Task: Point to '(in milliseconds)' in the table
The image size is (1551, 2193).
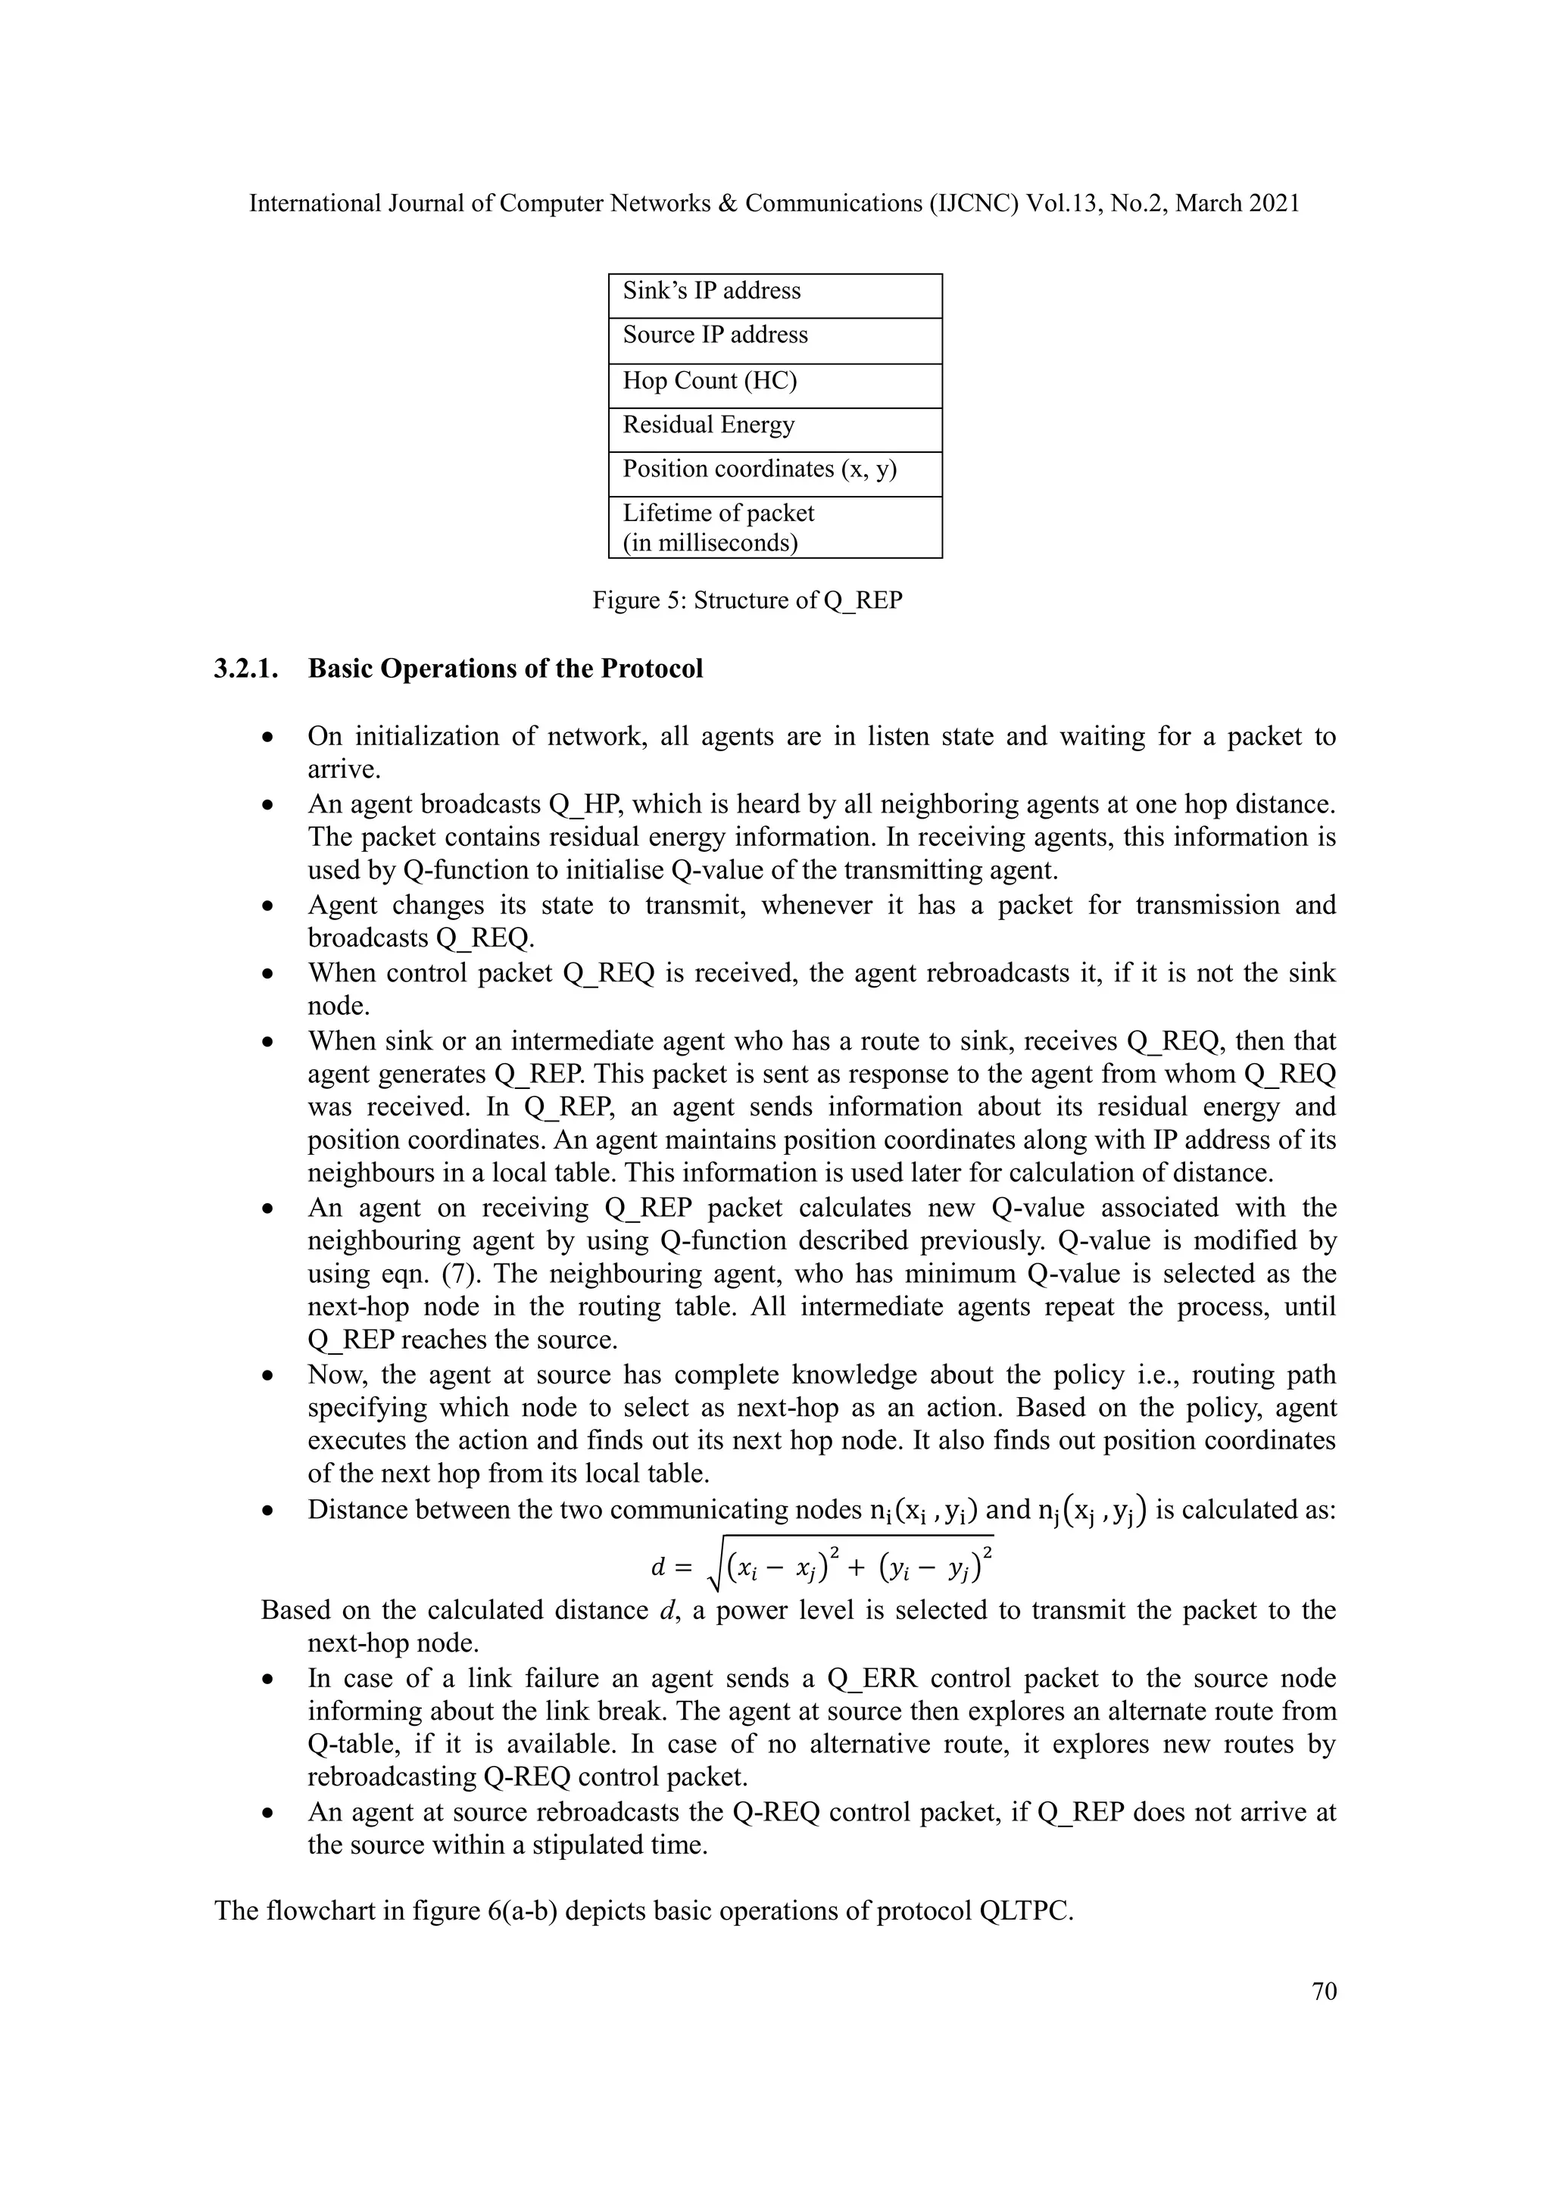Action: point(710,544)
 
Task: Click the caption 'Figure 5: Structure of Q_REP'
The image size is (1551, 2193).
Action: point(747,601)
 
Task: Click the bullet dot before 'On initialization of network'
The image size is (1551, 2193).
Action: point(270,738)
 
